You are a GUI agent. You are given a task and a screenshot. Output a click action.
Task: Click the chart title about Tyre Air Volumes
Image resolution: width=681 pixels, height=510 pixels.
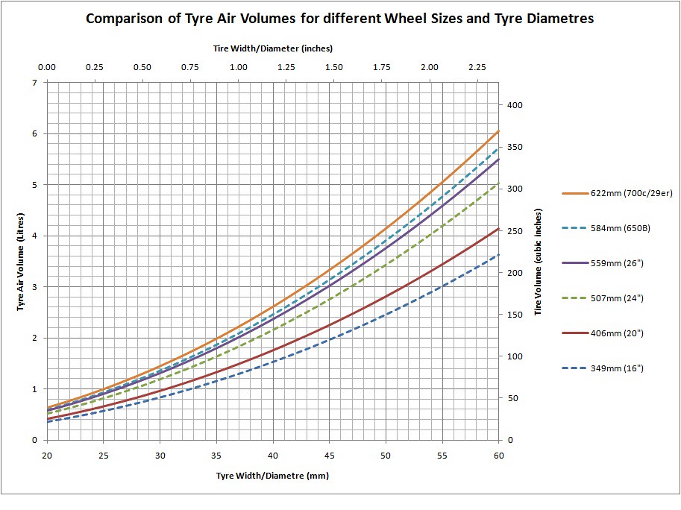coord(340,19)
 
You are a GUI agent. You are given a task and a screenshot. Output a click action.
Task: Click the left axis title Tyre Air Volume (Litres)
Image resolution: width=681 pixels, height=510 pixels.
coord(21,260)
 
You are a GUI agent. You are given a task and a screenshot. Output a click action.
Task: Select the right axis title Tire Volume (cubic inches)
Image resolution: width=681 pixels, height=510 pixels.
coord(538,260)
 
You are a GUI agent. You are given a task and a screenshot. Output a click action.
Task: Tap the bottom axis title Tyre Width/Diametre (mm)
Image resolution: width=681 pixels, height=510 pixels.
coord(272,475)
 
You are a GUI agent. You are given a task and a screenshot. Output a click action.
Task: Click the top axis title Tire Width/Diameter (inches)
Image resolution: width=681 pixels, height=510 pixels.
coord(272,48)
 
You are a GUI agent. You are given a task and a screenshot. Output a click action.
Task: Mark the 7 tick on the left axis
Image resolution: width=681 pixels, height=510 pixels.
coord(34,82)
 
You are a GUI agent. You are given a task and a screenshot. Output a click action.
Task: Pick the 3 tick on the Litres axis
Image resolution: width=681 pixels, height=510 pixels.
coord(34,287)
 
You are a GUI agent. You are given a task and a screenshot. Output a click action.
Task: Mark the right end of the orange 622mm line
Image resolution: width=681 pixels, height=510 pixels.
coord(498,131)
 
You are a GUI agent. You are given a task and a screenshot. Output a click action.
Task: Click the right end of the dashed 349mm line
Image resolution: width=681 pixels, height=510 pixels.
coord(498,254)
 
